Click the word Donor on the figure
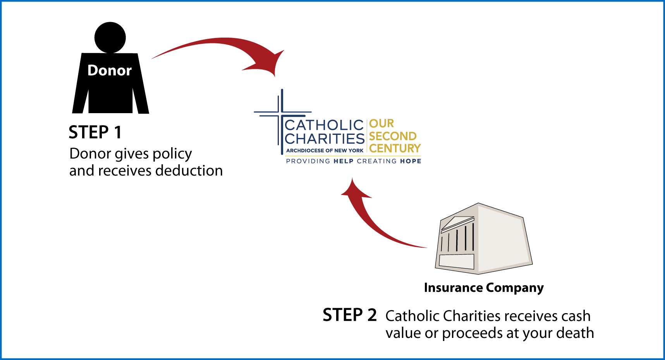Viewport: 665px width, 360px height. [110, 71]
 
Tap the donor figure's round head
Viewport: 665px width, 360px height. [110, 38]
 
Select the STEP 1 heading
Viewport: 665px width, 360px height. [95, 133]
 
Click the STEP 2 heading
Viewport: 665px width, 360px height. [350, 315]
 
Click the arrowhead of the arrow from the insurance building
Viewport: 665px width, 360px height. [354, 189]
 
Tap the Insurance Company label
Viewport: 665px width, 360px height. [484, 288]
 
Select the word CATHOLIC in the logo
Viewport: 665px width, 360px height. [325, 125]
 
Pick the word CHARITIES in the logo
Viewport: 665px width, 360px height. [325, 139]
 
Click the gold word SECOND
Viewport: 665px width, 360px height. [393, 136]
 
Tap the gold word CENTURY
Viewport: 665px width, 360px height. [395, 148]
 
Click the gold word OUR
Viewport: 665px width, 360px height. [381, 124]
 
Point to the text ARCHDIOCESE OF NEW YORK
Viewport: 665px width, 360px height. [325, 150]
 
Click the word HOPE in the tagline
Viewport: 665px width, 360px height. [411, 161]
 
